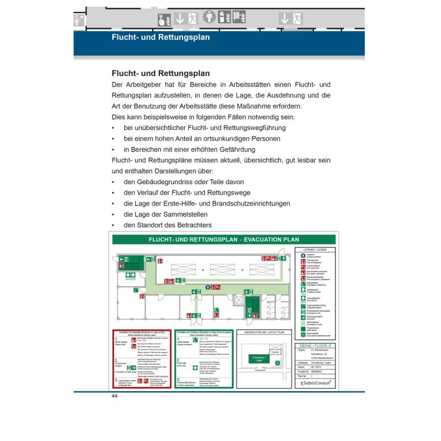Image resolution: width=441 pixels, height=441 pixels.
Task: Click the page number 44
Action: tap(115, 396)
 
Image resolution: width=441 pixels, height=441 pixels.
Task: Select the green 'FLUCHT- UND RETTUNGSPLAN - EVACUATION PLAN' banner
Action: tap(223, 240)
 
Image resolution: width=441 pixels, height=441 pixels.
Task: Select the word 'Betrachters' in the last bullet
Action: tap(192, 225)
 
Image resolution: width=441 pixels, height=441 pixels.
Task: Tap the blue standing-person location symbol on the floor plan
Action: tap(207, 287)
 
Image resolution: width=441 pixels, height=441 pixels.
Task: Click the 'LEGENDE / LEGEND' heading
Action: tap(316, 250)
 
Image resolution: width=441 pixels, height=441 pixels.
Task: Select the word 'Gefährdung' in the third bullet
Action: tap(232, 149)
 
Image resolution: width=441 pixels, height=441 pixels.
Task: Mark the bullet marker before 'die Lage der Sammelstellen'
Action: tap(112, 214)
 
